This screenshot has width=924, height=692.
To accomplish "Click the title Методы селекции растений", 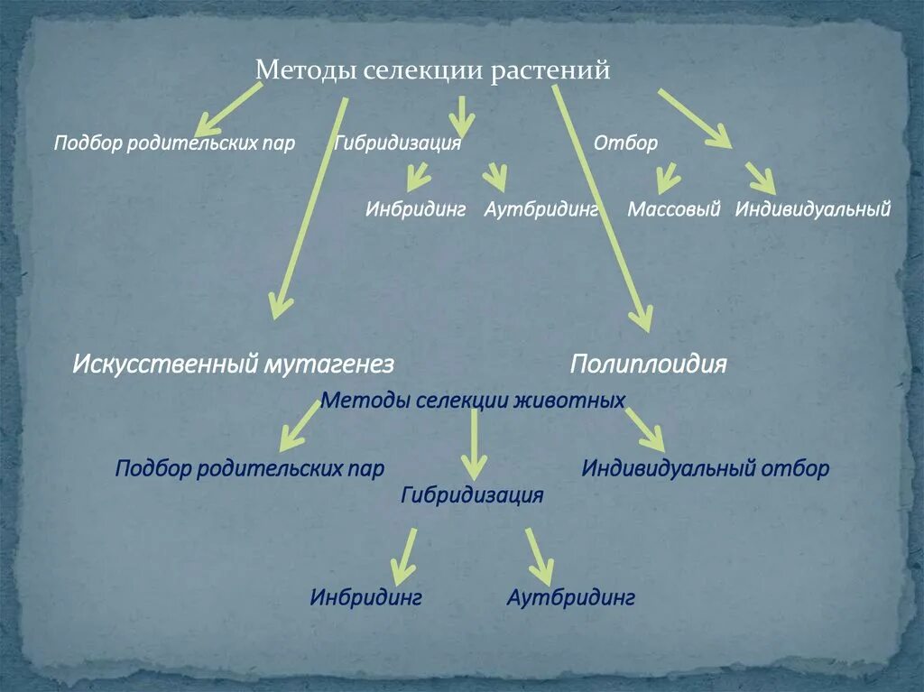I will point(433,70).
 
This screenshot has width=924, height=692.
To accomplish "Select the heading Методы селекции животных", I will point(473,400).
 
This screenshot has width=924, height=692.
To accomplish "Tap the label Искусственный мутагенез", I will point(233,364).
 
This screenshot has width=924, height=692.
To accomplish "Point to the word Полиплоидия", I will point(648,364).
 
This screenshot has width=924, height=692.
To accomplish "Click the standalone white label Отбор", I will point(625,143).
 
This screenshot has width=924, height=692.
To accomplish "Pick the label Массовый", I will point(674,209).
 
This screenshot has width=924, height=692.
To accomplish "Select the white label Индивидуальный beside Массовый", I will point(812,209).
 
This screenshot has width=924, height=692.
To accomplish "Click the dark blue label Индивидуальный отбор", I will point(705,469).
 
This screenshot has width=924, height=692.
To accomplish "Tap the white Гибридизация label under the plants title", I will point(398,143).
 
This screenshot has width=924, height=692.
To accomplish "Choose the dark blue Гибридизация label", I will point(472,495).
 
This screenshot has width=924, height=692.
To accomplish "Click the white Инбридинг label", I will point(415,209).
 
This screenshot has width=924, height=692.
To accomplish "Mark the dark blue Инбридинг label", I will point(365,597).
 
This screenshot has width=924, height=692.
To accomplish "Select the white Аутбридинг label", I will point(541,209).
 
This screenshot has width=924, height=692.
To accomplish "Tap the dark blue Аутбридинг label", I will point(571,597).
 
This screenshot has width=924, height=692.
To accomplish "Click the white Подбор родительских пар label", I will point(174,143).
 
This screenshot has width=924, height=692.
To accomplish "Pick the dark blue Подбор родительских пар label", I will point(250,469).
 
